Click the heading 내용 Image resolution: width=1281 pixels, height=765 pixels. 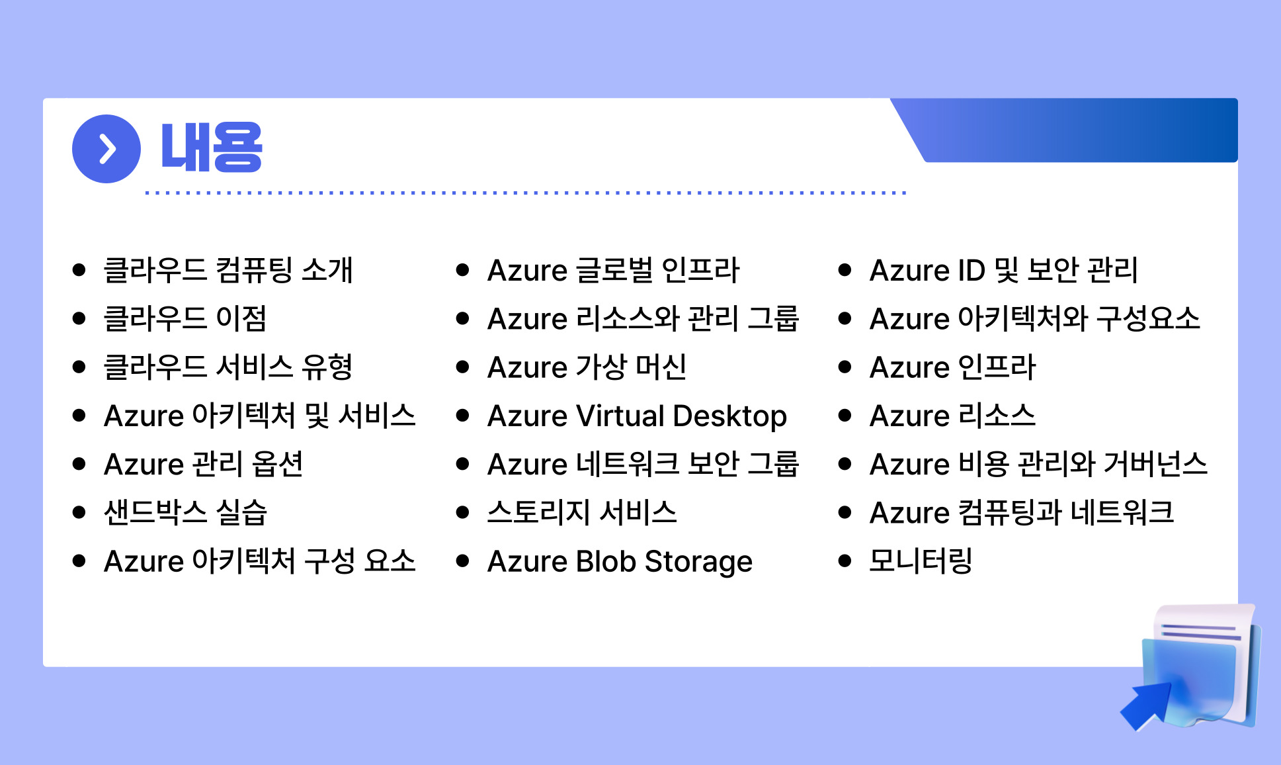pos(212,148)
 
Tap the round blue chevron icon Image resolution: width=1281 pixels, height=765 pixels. pos(106,149)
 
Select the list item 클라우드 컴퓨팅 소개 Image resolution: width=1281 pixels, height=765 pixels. pos(228,270)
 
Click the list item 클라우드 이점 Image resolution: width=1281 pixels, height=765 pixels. pos(185,318)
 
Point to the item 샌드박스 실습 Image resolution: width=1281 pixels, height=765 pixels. pos(185,512)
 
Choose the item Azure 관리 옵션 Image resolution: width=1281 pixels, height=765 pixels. pos(204,464)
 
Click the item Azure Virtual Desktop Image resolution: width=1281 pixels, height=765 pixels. pos(637,416)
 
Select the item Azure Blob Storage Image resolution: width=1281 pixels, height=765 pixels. pos(620,561)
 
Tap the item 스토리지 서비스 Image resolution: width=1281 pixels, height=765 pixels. pos(582,512)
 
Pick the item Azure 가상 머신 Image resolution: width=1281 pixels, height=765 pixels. pos(587,367)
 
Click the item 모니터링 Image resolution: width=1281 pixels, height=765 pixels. pos(921,561)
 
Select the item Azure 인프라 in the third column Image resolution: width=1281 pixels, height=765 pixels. pos(952,367)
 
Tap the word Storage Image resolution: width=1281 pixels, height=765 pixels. pos(698,562)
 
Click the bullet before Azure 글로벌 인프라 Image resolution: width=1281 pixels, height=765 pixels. pos(462,270)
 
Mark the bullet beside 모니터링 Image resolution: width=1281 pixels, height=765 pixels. pos(845,561)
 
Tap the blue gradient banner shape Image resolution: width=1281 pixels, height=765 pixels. pos(1071,130)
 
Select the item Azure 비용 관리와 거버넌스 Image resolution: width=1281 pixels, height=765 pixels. pos(1038,464)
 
